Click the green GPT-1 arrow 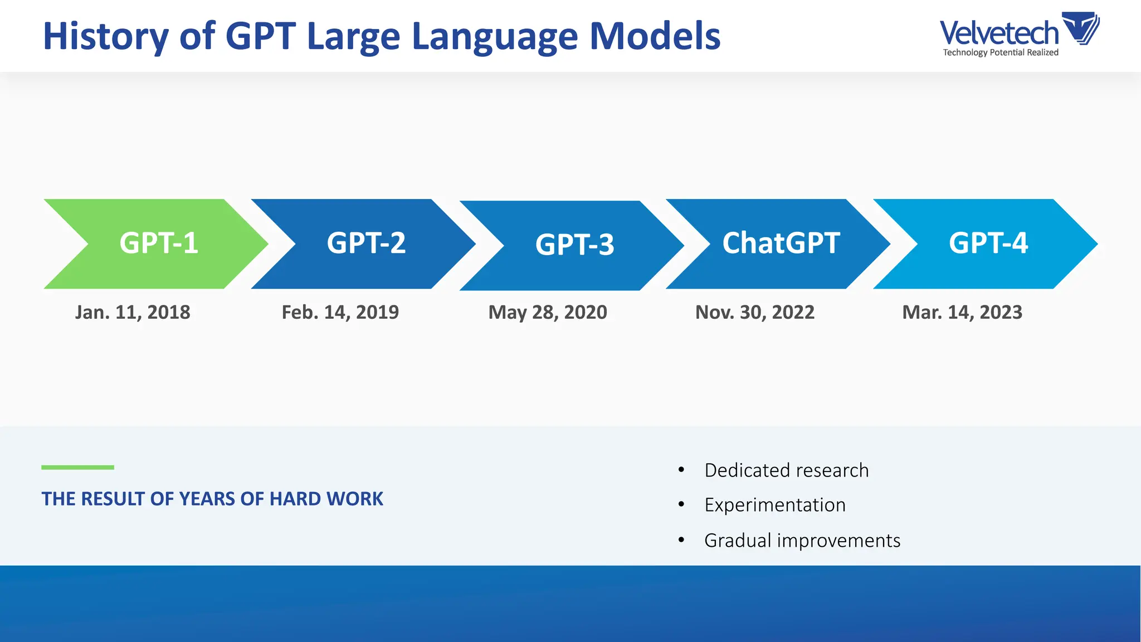pos(159,244)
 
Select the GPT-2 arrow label pos(366,244)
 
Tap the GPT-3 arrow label pos(574,245)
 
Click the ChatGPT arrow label pos(781,244)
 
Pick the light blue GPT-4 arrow pos(988,244)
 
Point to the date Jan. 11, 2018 pos(133,312)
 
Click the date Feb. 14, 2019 pos(340,312)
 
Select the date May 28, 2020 pos(548,312)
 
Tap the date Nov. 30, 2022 pos(755,312)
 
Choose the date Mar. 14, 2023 pos(962,312)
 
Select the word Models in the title pos(655,37)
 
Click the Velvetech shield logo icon pos(1081,28)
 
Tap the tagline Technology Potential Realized pos(1001,52)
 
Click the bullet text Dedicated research pos(786,470)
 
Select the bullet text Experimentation pos(775,505)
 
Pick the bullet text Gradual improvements pos(802,541)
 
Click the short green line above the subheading pos(77,468)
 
